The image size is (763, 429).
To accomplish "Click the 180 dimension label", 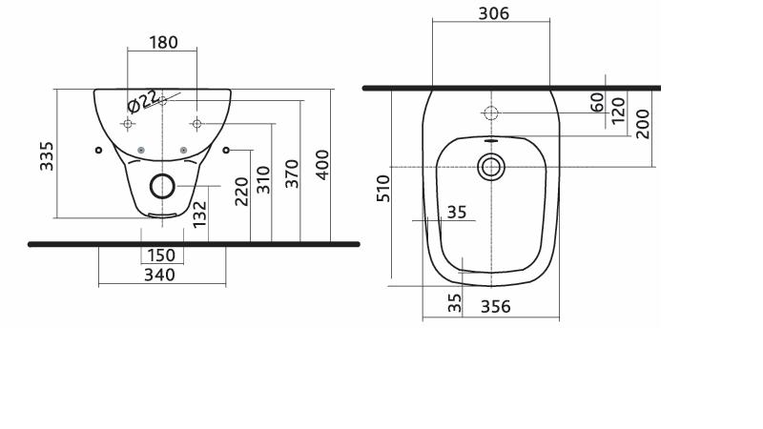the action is coord(163,42).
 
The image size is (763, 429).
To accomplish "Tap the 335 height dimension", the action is coord(47,156).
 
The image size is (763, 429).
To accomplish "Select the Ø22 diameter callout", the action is coord(141,101).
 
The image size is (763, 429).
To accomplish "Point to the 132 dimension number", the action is coord(199,214).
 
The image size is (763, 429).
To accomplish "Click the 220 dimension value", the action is coord(242,192).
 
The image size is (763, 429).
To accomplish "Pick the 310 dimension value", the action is coord(263,180).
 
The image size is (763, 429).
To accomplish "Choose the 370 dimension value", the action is coord(292,174).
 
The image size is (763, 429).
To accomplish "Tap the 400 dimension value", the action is coord(322,165).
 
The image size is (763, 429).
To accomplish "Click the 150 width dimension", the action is coord(161,255).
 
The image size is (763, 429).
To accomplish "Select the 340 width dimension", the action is coord(159,275).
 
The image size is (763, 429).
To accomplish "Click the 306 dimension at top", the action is coord(494,13).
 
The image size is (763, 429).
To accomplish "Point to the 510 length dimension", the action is coord(383,188).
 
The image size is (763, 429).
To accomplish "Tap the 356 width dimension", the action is coord(496,306).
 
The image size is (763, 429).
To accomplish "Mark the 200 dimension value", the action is coord(642,124).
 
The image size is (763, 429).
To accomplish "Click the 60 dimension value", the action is coord(597,103).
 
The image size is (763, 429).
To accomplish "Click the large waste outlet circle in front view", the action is coord(162,186).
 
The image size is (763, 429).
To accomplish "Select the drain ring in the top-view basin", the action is coord(491,167).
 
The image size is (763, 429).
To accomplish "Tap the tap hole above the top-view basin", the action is coord(491,113).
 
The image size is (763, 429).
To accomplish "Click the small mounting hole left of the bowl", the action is coord(99,151).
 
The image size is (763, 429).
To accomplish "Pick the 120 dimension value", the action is coord(618,111).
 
